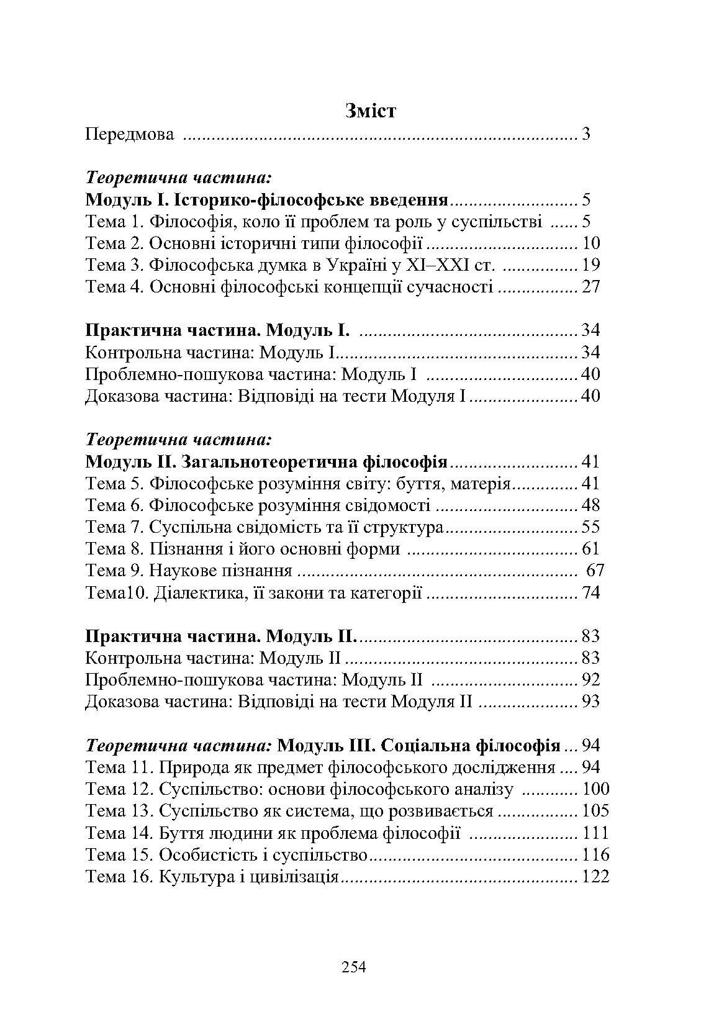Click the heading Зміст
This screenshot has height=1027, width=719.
click(x=370, y=112)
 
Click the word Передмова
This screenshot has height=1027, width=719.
click(x=129, y=134)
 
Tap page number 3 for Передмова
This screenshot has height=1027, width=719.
click(x=586, y=134)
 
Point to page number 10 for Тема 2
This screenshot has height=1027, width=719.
click(x=591, y=243)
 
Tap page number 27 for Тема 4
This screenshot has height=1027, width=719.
click(x=590, y=287)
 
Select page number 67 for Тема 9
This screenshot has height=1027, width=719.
click(x=595, y=571)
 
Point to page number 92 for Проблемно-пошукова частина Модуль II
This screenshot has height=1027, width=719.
click(x=590, y=680)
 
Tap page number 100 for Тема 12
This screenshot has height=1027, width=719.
click(x=595, y=789)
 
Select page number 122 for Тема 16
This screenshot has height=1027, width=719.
click(x=595, y=877)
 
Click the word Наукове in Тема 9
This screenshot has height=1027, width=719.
click(x=181, y=571)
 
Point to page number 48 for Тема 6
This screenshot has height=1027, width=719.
click(x=590, y=505)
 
